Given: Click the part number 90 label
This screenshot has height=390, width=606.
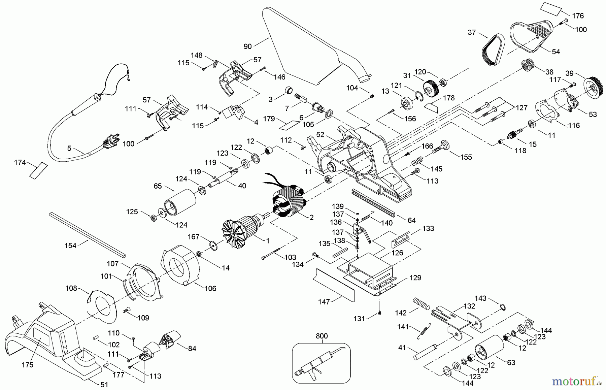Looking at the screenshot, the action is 247,46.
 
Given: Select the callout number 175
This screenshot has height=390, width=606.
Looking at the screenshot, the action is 28,365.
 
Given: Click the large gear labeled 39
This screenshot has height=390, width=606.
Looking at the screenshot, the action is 592,88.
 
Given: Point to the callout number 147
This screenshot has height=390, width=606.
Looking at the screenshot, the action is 324,302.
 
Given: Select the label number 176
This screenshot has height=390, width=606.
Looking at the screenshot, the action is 578,16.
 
